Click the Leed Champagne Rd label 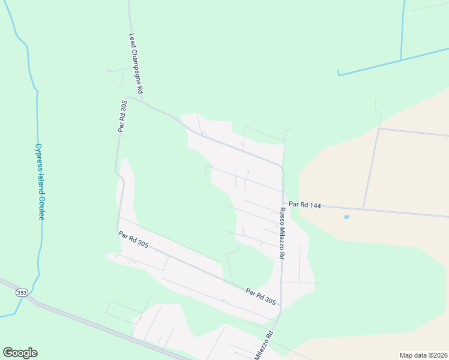[135, 63]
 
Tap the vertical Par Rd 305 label [122, 116]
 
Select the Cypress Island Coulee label [39, 181]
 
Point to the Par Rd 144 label [305, 205]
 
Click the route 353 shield [22, 292]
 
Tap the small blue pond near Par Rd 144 [347, 217]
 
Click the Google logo [20, 353]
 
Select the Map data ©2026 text [423, 355]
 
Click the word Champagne [136, 68]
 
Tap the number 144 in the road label [315, 206]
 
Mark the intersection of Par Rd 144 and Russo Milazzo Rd [283, 202]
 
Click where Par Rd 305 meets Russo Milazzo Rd [280, 306]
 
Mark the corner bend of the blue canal [339, 74]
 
